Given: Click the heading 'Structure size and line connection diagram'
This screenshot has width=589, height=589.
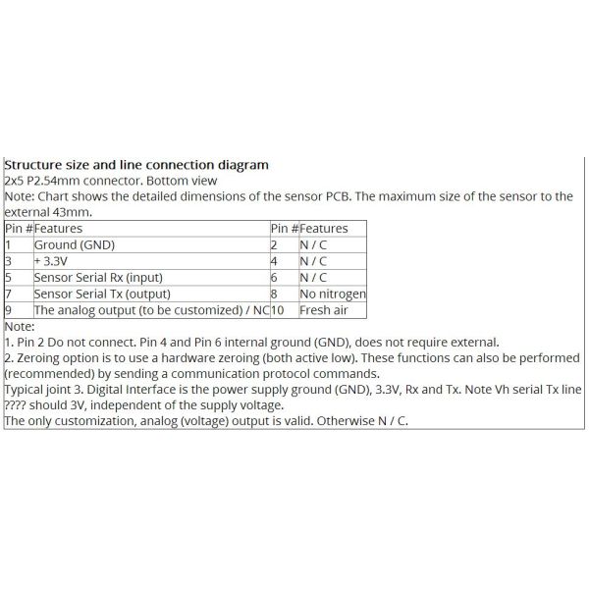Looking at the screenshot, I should [136, 165].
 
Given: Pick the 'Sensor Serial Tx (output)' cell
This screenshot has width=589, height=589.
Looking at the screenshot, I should [103, 294].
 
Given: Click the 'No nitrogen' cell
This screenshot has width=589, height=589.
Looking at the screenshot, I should [333, 294].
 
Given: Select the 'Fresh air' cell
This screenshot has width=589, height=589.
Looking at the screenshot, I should [324, 310].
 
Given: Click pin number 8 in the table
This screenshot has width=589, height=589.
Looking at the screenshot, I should [274, 294].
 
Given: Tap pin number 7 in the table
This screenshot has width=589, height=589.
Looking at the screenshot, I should [8, 294].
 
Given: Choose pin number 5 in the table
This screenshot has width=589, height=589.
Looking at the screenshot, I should [8, 278].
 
